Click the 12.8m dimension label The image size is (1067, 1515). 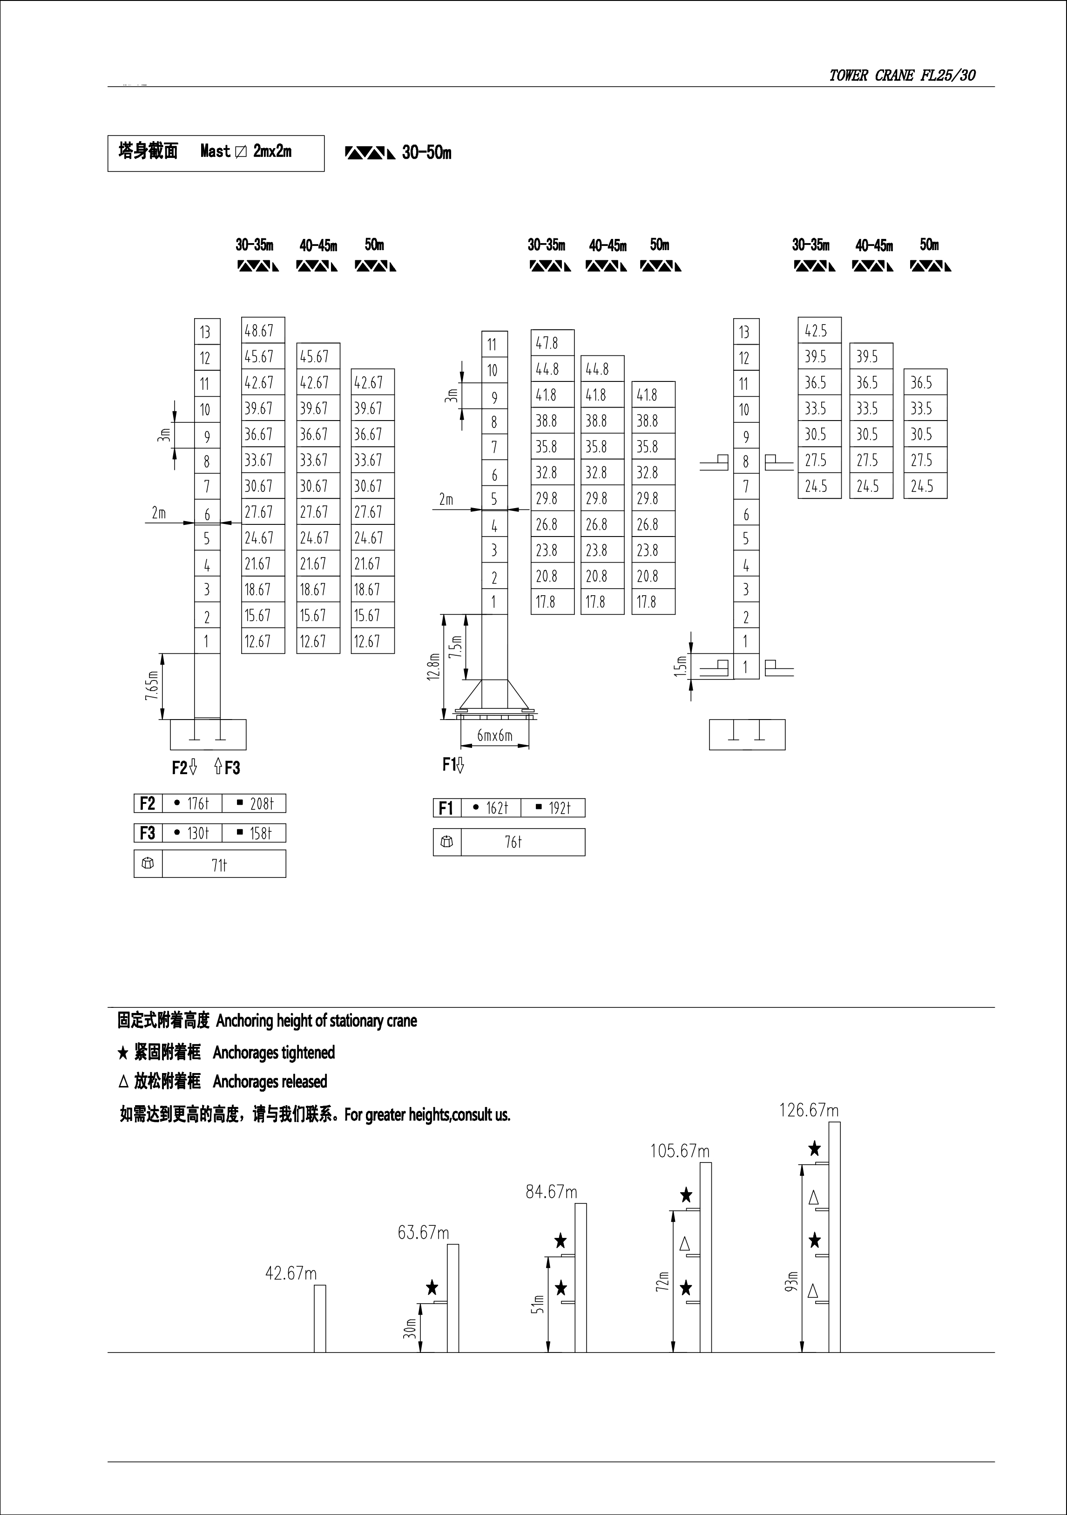pyautogui.click(x=433, y=666)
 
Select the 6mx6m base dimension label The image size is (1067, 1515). pyautogui.click(x=494, y=735)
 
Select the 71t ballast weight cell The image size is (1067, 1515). pyautogui.click(x=219, y=865)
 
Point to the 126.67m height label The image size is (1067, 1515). pyautogui.click(x=809, y=1110)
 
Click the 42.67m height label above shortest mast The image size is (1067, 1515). pyautogui.click(x=291, y=1273)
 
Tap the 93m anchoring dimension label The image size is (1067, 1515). pyautogui.click(x=792, y=1281)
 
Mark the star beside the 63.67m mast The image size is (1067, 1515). pyautogui.click(x=432, y=1287)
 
